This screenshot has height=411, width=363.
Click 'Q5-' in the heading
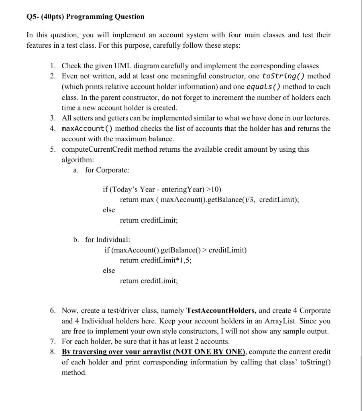33,16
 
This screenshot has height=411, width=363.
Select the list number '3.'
53,118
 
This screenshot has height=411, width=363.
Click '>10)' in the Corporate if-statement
213,189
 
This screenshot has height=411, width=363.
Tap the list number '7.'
53,342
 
